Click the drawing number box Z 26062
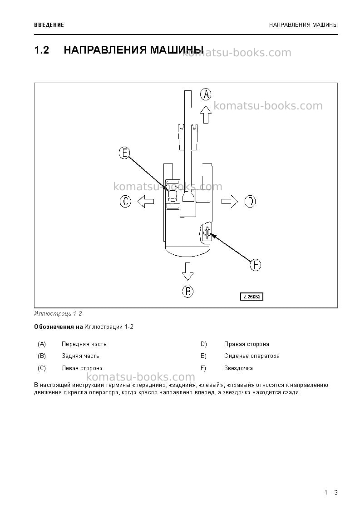pyautogui.click(x=252, y=297)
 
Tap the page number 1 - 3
pyautogui.click(x=331, y=492)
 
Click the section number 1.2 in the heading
pyautogui.click(x=42, y=50)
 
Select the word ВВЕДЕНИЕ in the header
pyautogui.click(x=49, y=25)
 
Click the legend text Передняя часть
pyautogui.click(x=84, y=344)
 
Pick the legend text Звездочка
pyautogui.click(x=238, y=368)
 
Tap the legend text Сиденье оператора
pyautogui.click(x=252, y=356)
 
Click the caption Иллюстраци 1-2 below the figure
pyautogui.click(x=58, y=314)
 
